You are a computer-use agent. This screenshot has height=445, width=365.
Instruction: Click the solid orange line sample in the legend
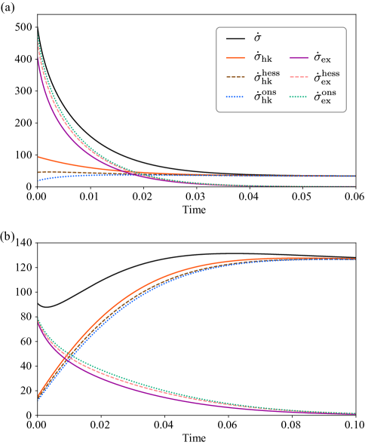click(x=235, y=57)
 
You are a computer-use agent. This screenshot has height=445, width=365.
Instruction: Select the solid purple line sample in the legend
click(x=299, y=57)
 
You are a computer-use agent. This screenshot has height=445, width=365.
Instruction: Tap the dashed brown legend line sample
click(x=235, y=77)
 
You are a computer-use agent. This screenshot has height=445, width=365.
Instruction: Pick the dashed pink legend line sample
click(x=299, y=77)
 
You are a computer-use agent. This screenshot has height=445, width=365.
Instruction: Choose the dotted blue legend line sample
click(x=235, y=97)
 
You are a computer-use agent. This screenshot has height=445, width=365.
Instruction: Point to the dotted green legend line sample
click(x=299, y=97)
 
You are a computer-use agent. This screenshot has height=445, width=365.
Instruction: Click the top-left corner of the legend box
click(x=217, y=28)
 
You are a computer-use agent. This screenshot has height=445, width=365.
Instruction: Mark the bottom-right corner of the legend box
click(x=345, y=112)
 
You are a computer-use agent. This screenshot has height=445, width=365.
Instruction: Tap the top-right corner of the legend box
click(x=345, y=28)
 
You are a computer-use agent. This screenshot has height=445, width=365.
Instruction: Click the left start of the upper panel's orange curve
click(x=38, y=157)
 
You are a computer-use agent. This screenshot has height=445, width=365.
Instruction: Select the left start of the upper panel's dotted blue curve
click(x=38, y=180)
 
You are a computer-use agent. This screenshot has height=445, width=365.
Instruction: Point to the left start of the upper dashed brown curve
click(x=38, y=173)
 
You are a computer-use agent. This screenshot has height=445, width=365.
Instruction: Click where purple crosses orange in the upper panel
click(x=136, y=173)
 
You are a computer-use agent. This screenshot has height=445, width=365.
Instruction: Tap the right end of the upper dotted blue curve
click(x=355, y=176)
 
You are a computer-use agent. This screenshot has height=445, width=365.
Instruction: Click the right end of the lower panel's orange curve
click(x=355, y=259)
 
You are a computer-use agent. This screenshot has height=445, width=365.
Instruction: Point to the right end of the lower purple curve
click(x=355, y=413)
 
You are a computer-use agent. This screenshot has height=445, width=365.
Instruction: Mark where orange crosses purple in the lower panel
click(x=67, y=354)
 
